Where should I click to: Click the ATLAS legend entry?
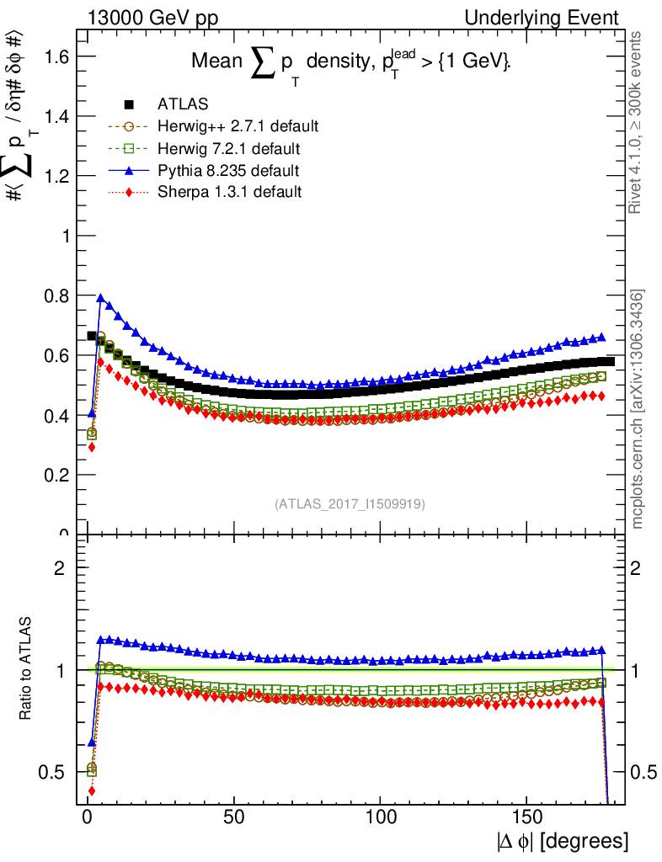pos(178,104)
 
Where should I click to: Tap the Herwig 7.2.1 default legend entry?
pos(229,149)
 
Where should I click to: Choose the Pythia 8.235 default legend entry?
pos(229,171)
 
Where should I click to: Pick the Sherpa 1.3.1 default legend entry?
pos(229,192)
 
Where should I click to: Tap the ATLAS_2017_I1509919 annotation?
pos(350,504)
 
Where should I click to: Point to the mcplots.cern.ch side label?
pos(638,409)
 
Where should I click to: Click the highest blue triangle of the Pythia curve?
pos(101,298)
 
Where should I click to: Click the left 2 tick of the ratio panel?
pos(59,567)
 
